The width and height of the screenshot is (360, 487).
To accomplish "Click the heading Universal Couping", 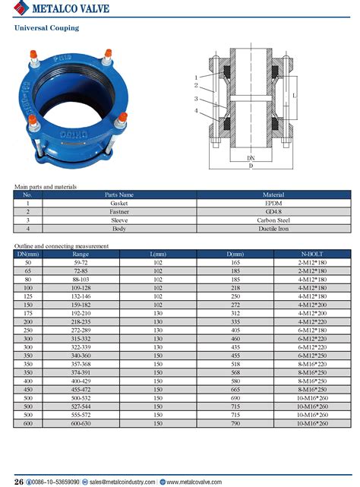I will coord(47,28).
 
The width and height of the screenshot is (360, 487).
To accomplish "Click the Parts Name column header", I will coord(118,195).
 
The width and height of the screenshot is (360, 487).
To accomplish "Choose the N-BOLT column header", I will coord(312,254).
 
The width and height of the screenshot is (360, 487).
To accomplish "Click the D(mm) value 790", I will coord(235,422).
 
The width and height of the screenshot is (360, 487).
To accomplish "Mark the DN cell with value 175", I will coord(28,313).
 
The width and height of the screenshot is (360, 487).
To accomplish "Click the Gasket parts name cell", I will coord(118,204).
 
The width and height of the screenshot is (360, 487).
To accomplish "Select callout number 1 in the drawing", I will coord(196,77).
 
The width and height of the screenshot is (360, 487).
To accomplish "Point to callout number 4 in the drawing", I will coord(196,112).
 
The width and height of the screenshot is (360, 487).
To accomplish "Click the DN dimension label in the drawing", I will coord(250,158).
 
